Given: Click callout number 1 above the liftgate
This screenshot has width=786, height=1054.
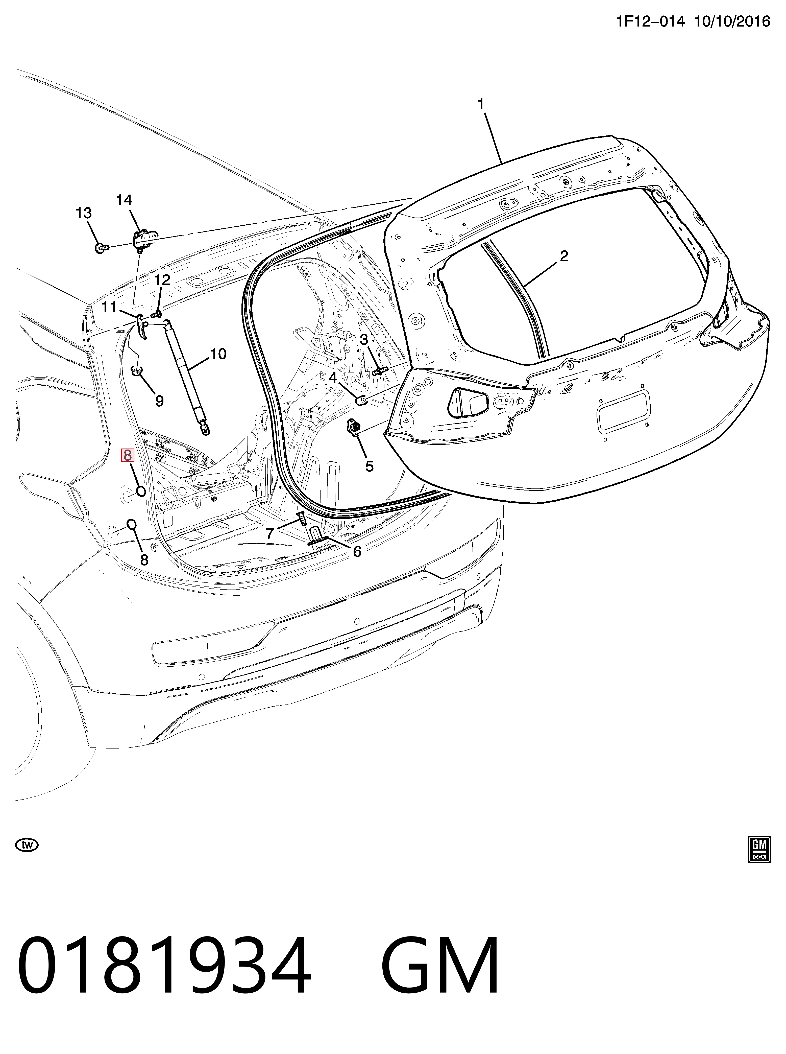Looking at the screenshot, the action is [481, 104].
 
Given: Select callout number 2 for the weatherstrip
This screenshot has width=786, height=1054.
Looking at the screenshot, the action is [564, 256].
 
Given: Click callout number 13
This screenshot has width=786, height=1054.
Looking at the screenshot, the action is [84, 213].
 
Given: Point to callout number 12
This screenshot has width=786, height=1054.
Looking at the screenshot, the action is [162, 280].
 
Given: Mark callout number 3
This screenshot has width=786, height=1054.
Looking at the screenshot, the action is [364, 339].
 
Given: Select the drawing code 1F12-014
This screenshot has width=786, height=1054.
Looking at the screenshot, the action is [650, 21].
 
